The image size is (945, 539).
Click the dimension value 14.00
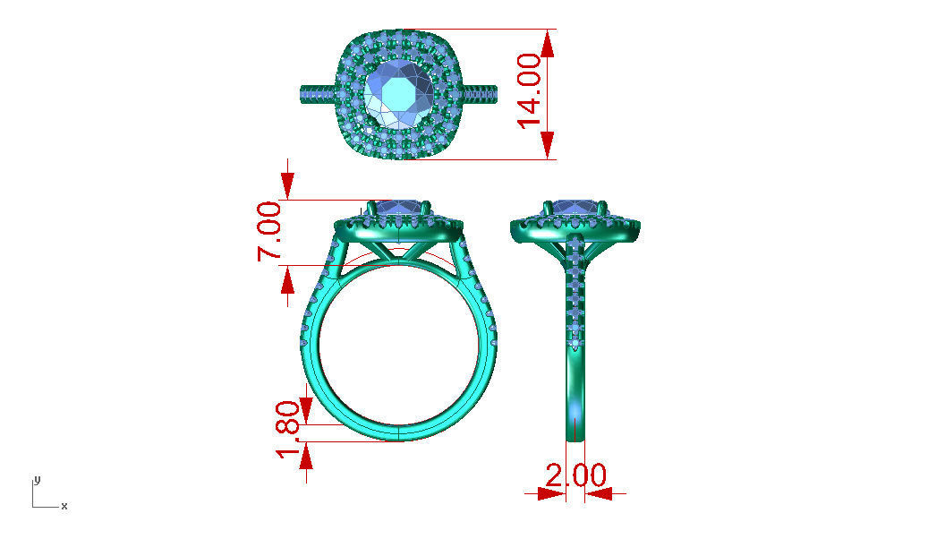(x=530, y=92)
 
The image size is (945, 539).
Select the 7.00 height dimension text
(x=271, y=231)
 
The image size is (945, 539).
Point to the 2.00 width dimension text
(x=575, y=475)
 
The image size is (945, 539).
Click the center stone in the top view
(x=399, y=93)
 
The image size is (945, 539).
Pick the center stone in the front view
(x=399, y=208)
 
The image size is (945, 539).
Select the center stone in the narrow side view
(x=575, y=208)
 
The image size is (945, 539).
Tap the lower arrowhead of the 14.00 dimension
(x=548, y=146)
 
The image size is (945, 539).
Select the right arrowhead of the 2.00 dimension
(x=598, y=492)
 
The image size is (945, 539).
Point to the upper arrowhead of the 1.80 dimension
(x=307, y=412)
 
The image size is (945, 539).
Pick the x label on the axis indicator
(x=64, y=507)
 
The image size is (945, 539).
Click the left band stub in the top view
(x=316, y=93)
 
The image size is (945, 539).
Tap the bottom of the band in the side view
(x=576, y=430)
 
